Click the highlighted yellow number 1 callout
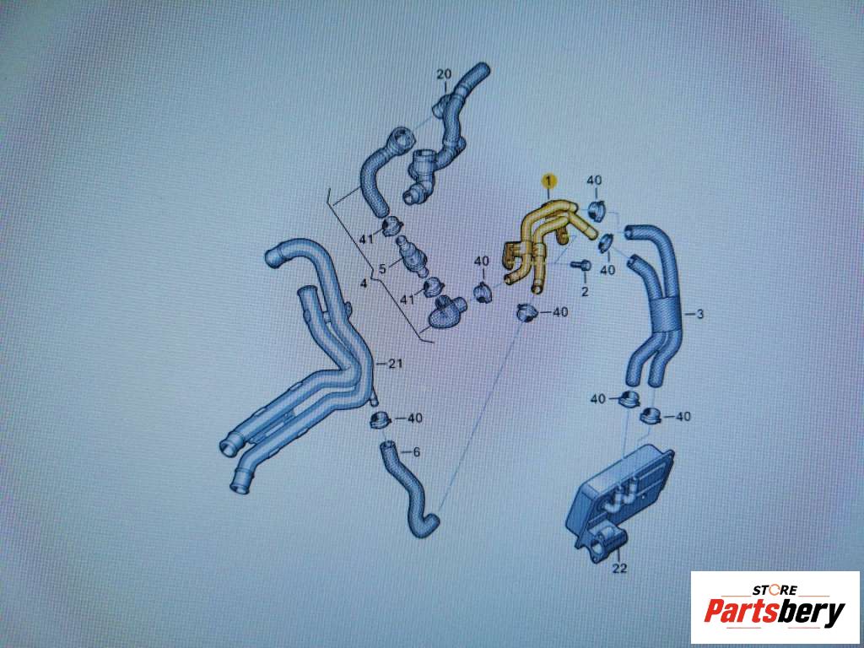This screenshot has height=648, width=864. click(x=548, y=181)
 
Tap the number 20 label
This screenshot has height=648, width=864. click(x=444, y=74)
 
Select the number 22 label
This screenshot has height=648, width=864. click(x=620, y=568)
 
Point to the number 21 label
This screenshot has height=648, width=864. click(x=396, y=364)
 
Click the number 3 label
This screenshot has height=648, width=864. click(x=699, y=315)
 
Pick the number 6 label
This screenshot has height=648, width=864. click(x=416, y=452)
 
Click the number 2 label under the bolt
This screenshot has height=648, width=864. click(x=585, y=291)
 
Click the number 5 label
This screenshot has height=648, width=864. click(x=382, y=271)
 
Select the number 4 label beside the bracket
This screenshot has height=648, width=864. click(x=363, y=283)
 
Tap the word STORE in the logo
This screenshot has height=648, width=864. click(x=775, y=590)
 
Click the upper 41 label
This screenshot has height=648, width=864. click(x=366, y=240)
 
